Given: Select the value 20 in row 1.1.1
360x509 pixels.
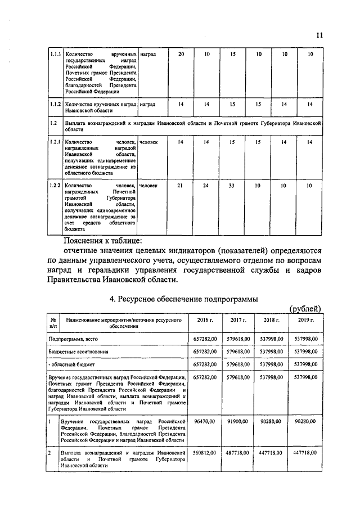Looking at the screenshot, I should [x=181, y=54].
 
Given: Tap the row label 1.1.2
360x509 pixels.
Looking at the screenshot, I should [x=55, y=104].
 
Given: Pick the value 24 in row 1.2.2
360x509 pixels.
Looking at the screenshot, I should [x=206, y=186].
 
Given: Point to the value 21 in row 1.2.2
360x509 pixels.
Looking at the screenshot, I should [x=181, y=186].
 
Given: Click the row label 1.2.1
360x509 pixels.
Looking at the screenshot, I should [x=55, y=142].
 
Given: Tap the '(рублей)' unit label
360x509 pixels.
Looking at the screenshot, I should [x=305, y=308].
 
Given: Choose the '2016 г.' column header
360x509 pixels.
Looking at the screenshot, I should [x=205, y=319].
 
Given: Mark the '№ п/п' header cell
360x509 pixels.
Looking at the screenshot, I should [x=53, y=322].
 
